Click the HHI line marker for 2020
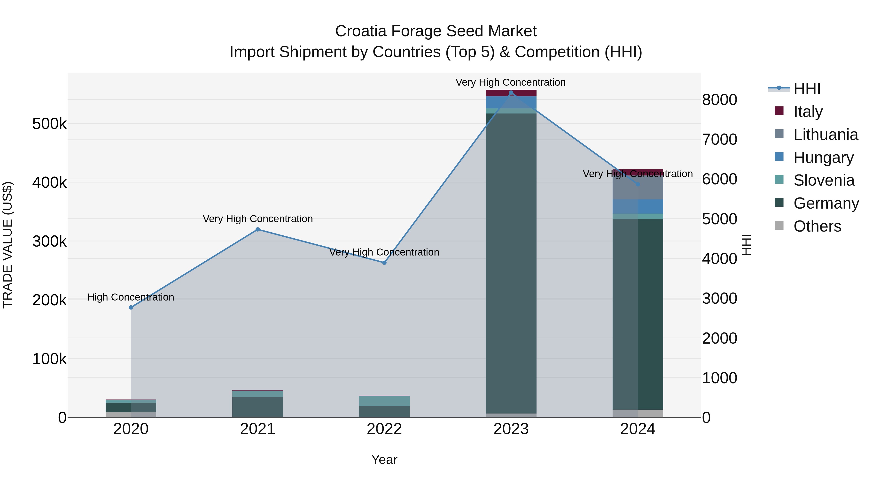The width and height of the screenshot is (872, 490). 131,307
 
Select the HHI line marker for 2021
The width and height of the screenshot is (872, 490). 258,229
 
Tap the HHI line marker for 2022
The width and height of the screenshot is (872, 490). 384,263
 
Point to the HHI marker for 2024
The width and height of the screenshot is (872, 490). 638,184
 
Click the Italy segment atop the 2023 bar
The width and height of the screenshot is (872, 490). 511,93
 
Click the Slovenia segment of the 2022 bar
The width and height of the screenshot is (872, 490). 384,401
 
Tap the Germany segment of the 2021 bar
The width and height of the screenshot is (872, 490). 258,407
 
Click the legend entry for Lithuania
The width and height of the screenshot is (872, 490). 825,134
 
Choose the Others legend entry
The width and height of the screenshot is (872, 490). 817,226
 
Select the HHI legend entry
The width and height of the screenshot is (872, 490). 806,89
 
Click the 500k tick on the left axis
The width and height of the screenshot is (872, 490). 49,124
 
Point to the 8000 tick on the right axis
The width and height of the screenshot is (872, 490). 719,100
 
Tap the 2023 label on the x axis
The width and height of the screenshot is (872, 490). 511,429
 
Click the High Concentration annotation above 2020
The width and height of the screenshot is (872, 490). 131,297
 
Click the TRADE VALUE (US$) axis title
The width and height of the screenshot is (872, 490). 8,245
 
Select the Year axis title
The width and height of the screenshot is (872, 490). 384,460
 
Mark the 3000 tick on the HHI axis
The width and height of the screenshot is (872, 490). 719,298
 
